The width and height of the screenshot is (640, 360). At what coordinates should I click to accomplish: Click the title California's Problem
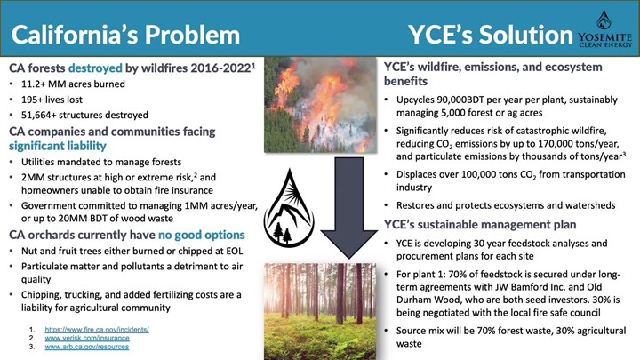point(125,35)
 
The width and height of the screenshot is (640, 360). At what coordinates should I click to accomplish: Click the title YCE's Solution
point(491,35)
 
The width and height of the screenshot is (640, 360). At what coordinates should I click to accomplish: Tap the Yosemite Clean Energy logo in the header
point(604,28)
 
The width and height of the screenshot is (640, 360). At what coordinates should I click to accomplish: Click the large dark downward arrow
point(349,208)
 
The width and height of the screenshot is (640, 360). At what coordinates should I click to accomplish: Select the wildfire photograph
point(320,105)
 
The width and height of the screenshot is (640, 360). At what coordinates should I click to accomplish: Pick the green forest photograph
point(320,311)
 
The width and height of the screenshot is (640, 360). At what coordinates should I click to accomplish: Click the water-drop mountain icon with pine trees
point(289,208)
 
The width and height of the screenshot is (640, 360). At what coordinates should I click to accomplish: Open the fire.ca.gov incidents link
point(97,330)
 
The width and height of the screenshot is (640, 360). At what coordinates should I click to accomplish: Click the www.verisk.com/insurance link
point(87,338)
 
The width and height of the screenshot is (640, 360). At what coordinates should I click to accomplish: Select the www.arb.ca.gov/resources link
point(86,347)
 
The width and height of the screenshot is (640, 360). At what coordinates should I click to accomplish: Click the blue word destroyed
point(95,68)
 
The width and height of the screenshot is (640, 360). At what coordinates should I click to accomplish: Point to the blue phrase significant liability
point(58,146)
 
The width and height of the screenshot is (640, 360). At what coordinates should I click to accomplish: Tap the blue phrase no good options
point(202,235)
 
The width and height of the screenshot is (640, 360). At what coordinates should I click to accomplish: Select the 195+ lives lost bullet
point(52,100)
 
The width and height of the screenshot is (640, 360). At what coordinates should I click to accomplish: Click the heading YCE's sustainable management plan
point(480,225)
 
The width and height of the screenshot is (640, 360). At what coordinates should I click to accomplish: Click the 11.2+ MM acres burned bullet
point(73,84)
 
